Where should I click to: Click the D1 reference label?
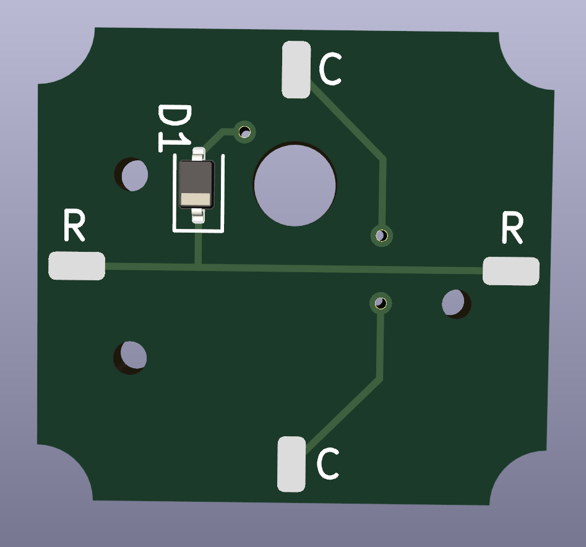coord(174,128)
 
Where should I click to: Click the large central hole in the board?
coord(295,184)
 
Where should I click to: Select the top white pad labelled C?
coord(296,70)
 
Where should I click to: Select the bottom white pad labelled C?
coord(291,464)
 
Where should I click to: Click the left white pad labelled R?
coord(77,265)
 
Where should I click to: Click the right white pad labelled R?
coord(511,271)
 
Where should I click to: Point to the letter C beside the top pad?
coord(330,69)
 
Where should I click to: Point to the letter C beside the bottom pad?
coord(328,463)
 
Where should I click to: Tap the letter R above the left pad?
coord(74,225)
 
